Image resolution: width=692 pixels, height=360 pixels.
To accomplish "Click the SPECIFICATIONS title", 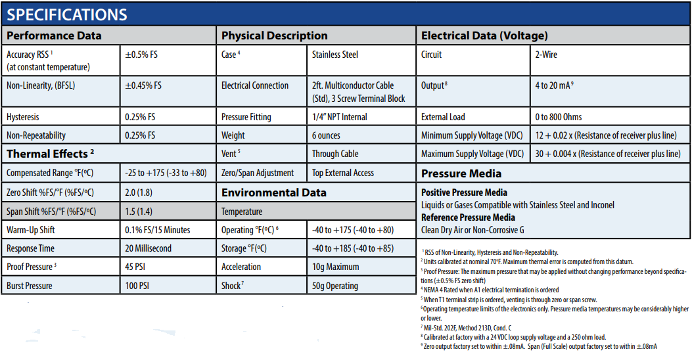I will click(x=67, y=14).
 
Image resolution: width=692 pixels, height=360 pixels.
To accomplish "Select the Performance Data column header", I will click(x=54, y=35).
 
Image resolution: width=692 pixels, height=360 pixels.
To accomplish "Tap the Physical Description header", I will click(x=274, y=35).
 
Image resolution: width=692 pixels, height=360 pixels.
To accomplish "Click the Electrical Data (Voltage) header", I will click(x=484, y=35).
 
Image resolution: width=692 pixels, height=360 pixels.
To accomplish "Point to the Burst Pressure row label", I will click(x=29, y=286).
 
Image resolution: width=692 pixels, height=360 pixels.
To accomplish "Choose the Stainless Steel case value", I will click(x=335, y=55).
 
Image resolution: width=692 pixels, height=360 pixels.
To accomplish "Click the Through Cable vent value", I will click(x=335, y=154).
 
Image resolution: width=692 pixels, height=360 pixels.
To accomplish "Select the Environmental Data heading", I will click(x=273, y=192).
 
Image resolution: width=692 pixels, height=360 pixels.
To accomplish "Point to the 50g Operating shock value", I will click(x=335, y=286).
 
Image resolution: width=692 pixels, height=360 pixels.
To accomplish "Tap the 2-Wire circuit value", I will click(x=546, y=55).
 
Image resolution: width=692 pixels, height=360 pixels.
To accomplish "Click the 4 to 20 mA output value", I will click(x=554, y=85).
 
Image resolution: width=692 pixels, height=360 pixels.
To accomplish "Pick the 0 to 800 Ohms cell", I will click(x=559, y=117).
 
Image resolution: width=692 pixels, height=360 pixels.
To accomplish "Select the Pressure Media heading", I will click(x=461, y=173).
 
